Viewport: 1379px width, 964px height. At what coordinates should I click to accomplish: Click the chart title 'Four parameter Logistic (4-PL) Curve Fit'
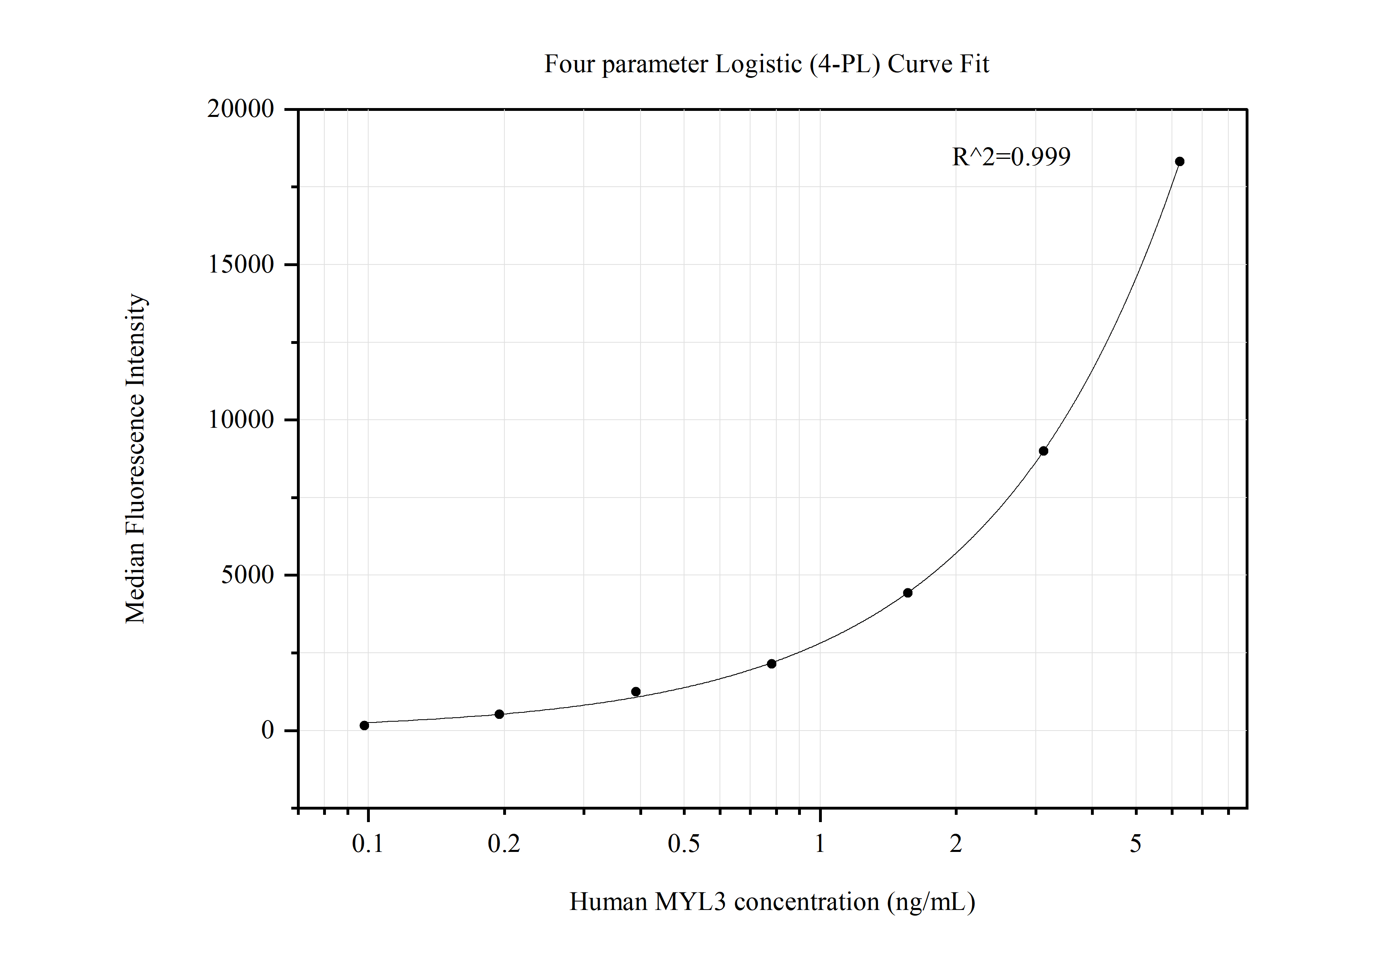click(766, 64)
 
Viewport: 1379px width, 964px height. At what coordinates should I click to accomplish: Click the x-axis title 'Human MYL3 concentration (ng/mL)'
click(772, 902)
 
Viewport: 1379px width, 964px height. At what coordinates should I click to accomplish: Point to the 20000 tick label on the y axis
click(240, 109)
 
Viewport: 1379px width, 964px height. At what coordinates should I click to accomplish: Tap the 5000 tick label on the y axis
click(247, 575)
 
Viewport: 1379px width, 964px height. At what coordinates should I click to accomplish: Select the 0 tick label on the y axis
click(267, 730)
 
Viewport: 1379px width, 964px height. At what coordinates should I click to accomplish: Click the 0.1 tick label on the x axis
click(367, 844)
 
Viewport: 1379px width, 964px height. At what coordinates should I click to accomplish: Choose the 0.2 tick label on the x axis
click(504, 844)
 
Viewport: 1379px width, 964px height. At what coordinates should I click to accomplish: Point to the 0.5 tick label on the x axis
click(684, 844)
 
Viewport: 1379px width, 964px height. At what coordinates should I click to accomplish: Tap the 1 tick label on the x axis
click(820, 844)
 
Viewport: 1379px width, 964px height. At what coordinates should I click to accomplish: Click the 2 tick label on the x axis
click(956, 844)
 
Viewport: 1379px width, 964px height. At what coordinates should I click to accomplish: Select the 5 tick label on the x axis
click(1135, 844)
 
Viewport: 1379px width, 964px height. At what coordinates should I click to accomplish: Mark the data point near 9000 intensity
click(1043, 451)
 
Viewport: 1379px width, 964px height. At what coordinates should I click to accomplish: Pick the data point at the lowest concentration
click(364, 725)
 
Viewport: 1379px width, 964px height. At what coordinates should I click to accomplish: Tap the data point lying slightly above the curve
click(636, 692)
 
